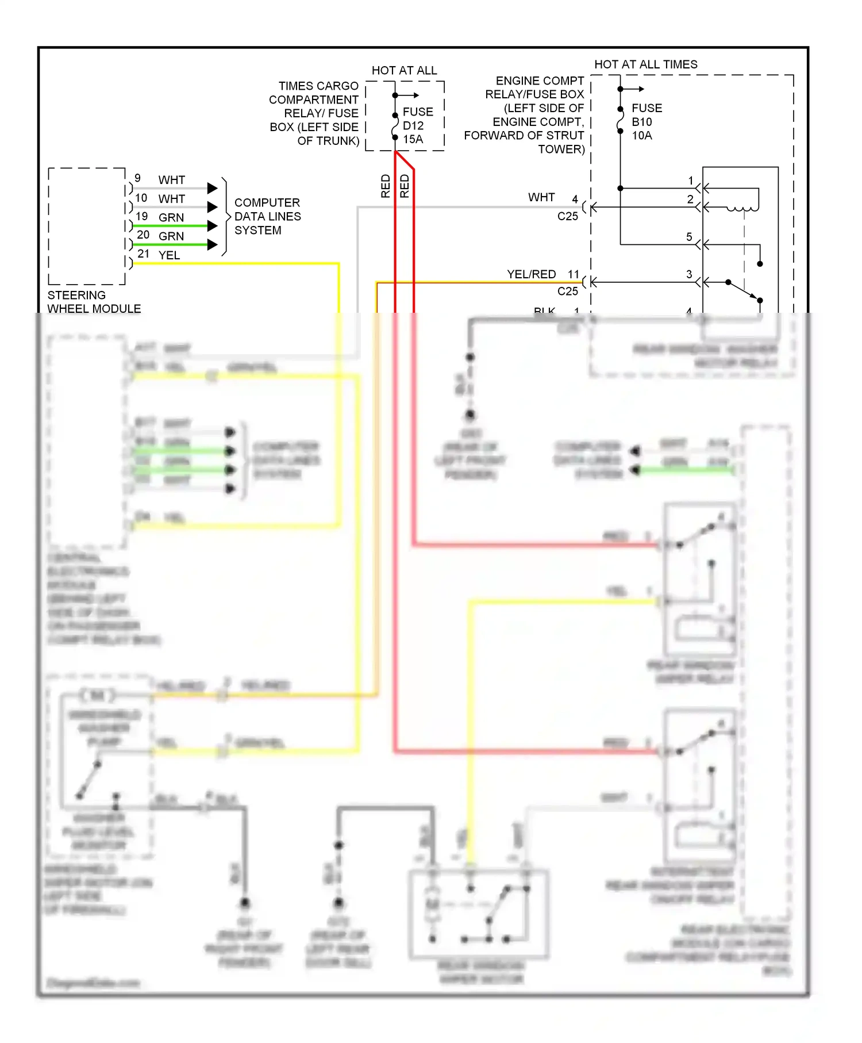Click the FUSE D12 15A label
coord(417,125)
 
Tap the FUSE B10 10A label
coord(646,122)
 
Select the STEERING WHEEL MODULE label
coord(94,302)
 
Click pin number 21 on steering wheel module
coord(143,254)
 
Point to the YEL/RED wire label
coord(531,274)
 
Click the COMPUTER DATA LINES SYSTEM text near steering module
coord(267,216)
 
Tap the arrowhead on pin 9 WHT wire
coord(213,188)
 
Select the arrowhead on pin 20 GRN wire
coord(213,244)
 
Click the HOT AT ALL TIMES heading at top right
coord(645,64)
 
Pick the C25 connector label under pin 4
coord(567,216)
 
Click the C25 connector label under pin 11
coord(567,291)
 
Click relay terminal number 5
coord(689,237)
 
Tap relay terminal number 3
coord(689,274)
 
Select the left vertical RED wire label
coord(386,186)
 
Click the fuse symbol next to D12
coord(395,126)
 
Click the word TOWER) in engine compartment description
coord(561,149)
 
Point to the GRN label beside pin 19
coord(171,217)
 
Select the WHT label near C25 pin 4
coord(541,197)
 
